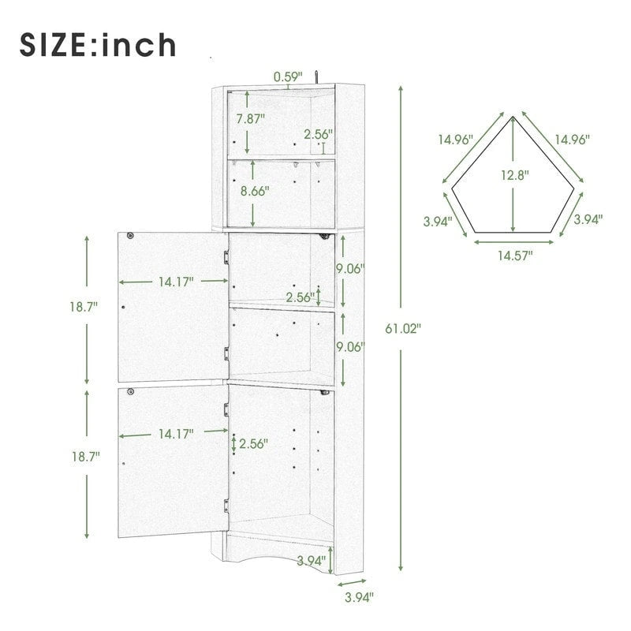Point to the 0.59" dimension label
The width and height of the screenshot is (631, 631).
pos(288,77)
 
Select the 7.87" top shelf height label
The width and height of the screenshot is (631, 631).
pos(252,120)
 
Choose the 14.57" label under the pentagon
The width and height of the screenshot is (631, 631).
pos(515,255)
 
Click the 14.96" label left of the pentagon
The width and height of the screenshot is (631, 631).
pos(456,139)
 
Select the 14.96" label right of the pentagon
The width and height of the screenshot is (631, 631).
pos(572,139)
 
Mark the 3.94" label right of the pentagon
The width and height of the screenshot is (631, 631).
pos(588,219)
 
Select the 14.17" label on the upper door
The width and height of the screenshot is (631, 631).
pos(177,282)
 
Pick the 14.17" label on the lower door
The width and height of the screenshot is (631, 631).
pos(177,432)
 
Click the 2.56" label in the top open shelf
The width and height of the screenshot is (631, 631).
pos(319,134)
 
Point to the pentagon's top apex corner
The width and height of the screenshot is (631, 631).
pos(513,116)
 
